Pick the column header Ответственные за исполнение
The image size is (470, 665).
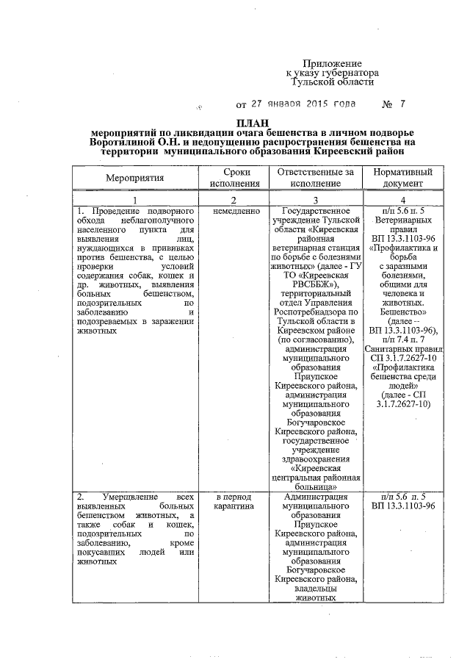tap(316, 178)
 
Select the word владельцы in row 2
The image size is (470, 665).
tap(316, 588)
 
